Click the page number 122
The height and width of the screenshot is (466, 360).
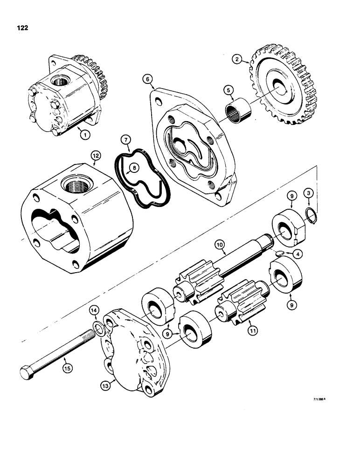pos(21,28)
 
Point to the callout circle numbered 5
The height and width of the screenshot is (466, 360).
pos(241,89)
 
